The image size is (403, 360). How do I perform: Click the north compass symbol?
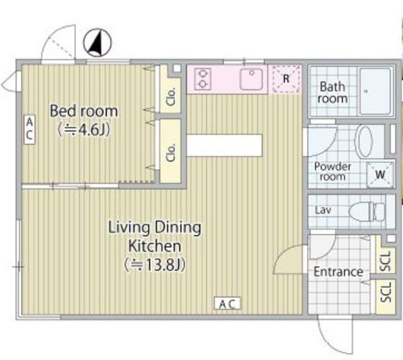tap(98, 43)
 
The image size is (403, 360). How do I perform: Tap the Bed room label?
tap(84, 111)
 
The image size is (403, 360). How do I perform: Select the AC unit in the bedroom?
tap(29, 130)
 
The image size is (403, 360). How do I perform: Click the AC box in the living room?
tap(227, 303)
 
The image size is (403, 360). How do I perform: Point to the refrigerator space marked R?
tap(285, 78)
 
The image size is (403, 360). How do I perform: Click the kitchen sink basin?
tap(251, 79)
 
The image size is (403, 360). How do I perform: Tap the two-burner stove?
tap(203, 79)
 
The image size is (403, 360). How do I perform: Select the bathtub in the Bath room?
tap(376, 91)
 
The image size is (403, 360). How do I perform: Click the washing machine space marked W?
tap(381, 175)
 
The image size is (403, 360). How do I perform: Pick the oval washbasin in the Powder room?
tap(364, 141)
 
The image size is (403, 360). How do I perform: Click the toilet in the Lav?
tap(367, 212)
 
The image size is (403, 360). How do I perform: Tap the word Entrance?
tap(339, 272)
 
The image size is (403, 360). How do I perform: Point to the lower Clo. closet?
tap(170, 151)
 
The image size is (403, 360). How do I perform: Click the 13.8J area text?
tap(154, 265)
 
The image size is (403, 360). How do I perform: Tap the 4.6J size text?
tap(84, 130)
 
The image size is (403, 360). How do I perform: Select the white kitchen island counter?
tap(224, 145)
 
